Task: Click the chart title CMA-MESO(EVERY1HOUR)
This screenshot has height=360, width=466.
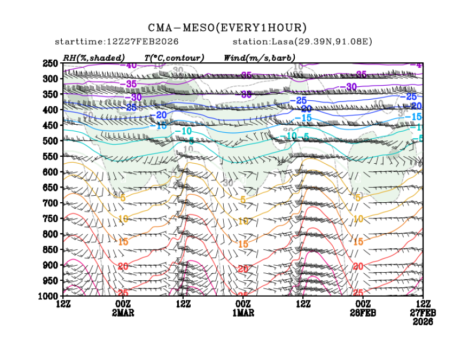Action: coord(228,28)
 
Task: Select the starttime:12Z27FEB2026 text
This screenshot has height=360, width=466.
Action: coord(117,42)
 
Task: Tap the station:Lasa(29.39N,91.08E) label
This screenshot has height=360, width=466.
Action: coord(302,42)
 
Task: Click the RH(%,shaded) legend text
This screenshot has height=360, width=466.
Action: coord(94,57)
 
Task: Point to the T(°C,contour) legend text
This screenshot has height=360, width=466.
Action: coord(174,57)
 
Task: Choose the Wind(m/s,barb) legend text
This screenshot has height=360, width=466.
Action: coord(260,57)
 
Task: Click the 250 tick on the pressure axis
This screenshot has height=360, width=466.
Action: coord(50,63)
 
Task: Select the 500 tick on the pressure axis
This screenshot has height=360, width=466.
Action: coord(50,141)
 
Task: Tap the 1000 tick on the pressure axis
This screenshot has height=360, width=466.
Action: coord(49,296)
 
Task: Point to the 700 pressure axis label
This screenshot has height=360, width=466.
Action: coord(50,203)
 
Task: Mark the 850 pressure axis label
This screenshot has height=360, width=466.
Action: coord(50,249)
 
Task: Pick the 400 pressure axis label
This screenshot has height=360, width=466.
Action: coord(50,110)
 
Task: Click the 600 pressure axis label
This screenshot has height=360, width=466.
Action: coord(50,172)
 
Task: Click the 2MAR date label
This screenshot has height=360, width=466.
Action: coord(124,313)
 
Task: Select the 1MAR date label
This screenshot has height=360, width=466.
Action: coord(243,313)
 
